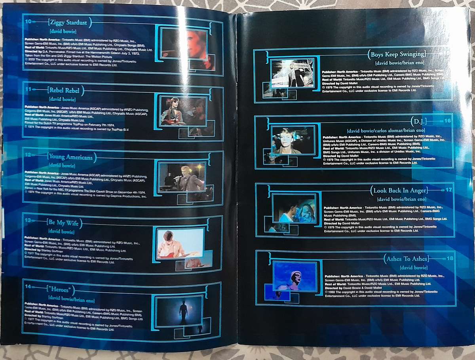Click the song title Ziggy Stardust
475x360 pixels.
[x=69, y=23]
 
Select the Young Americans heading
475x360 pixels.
[x=71, y=157]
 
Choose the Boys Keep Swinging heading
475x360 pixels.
[x=397, y=54]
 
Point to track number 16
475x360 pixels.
[x=448, y=120]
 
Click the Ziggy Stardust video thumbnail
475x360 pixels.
[x=184, y=44]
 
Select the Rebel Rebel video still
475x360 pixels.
[x=183, y=111]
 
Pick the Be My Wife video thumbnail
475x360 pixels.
[x=180, y=244]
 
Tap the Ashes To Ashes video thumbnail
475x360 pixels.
[x=295, y=276]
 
